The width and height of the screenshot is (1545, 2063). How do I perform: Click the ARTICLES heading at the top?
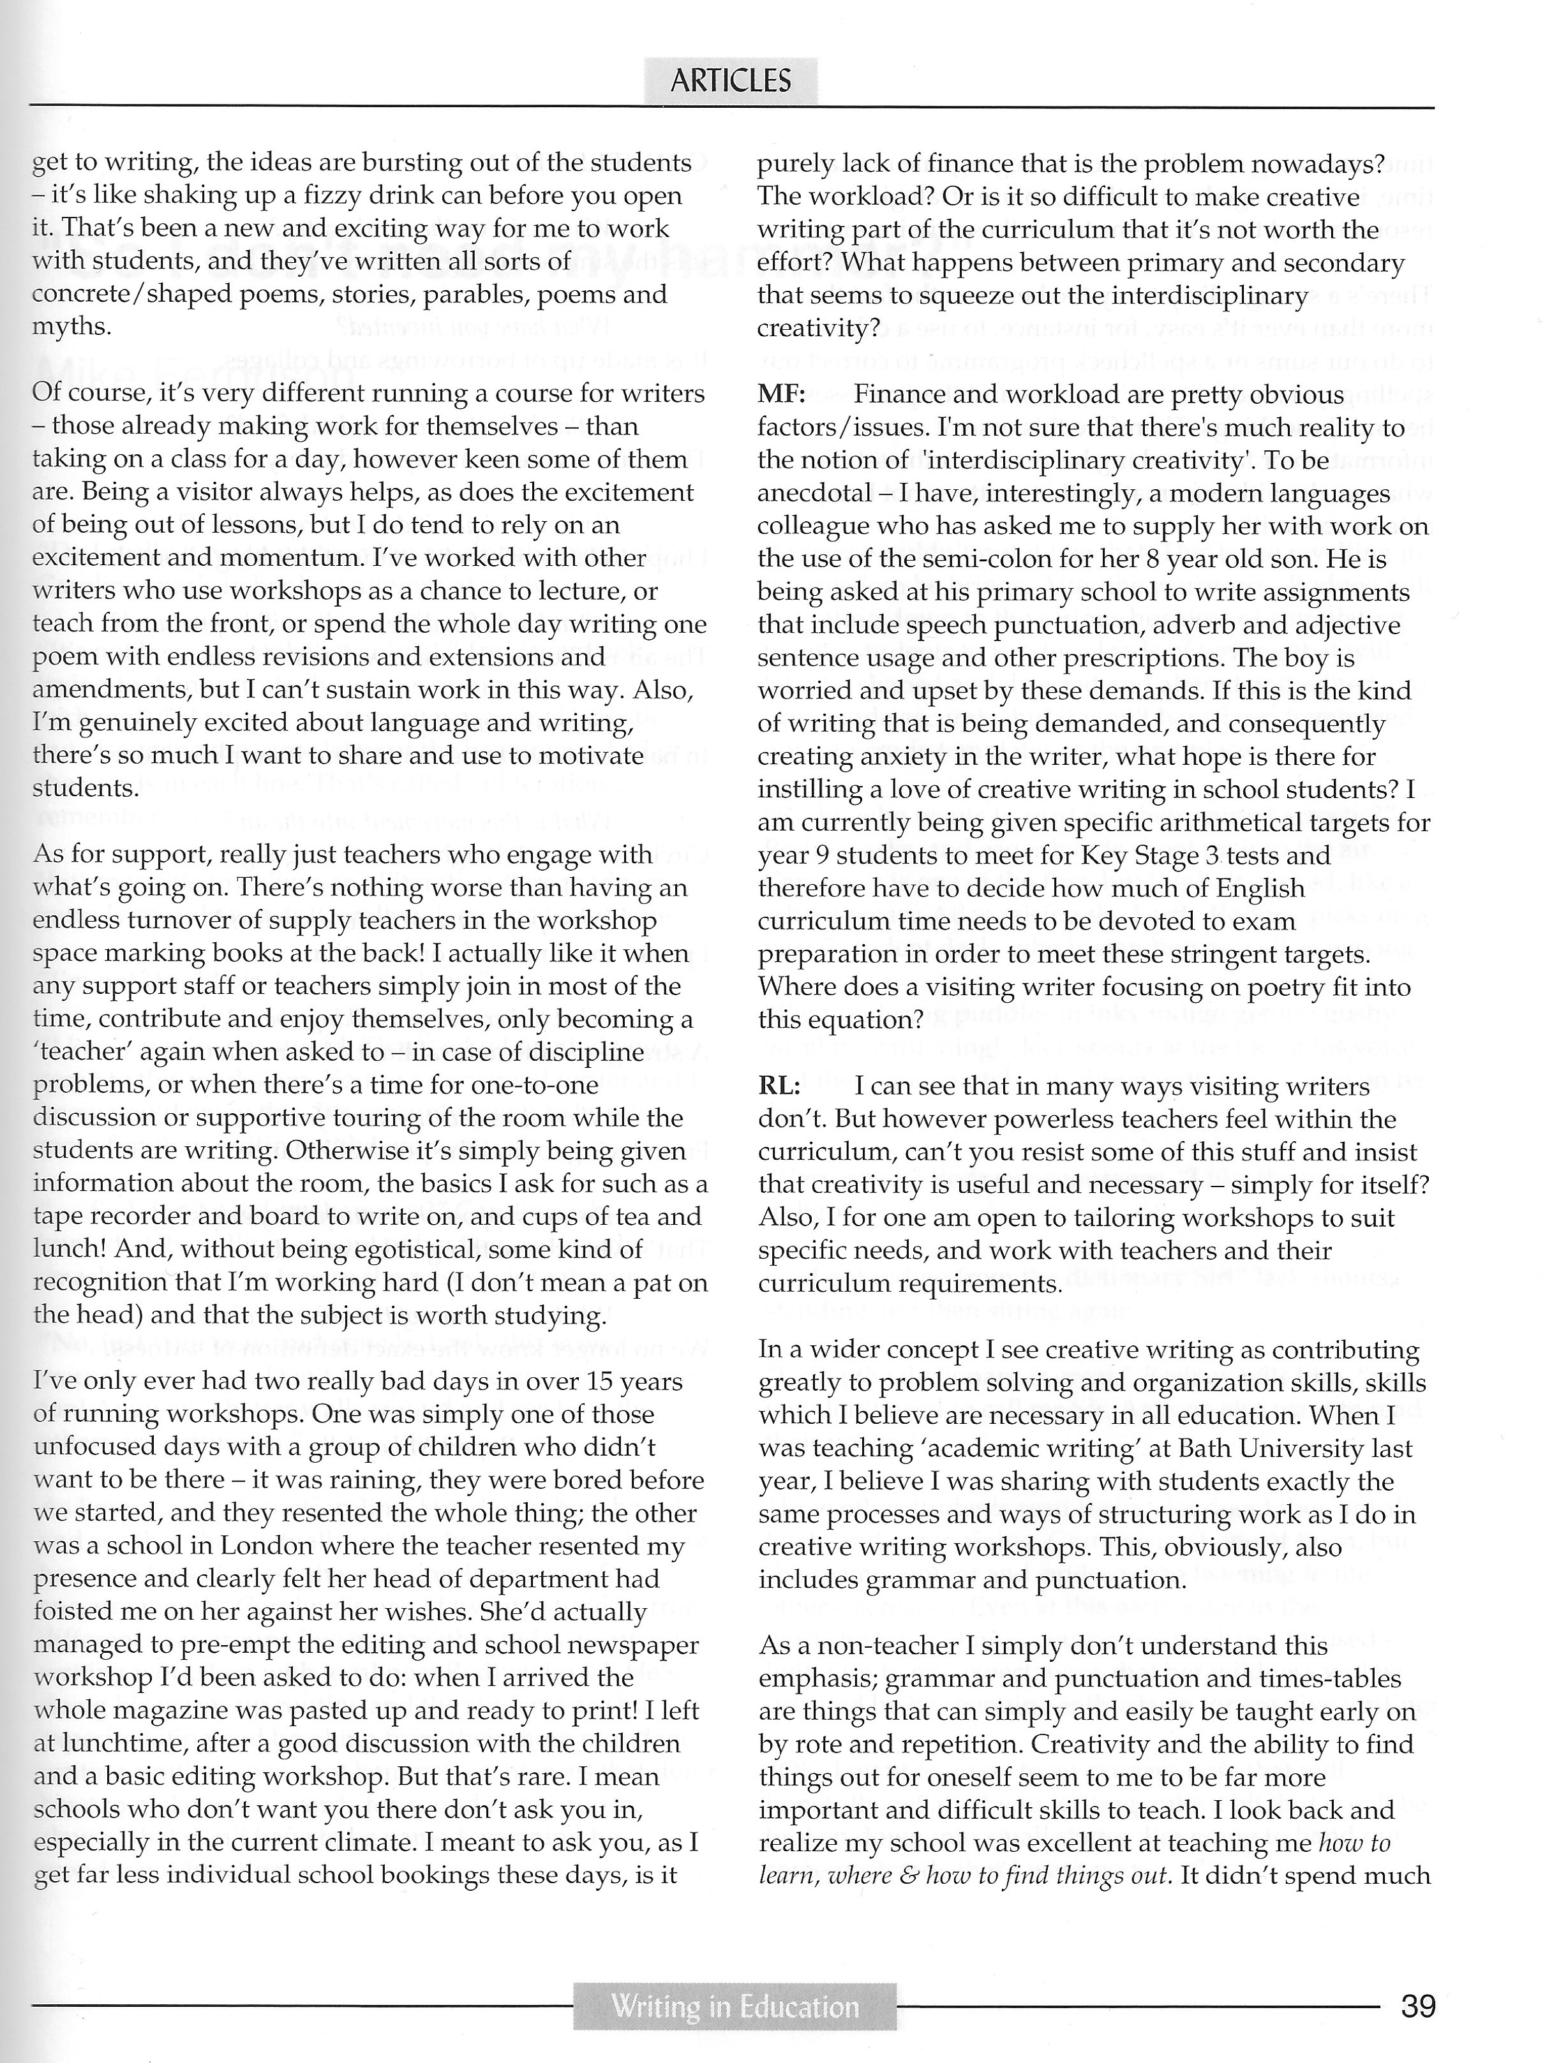(731, 81)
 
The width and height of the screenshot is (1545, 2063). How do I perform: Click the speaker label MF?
(781, 394)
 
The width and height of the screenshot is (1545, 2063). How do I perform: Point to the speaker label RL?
(779, 1086)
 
